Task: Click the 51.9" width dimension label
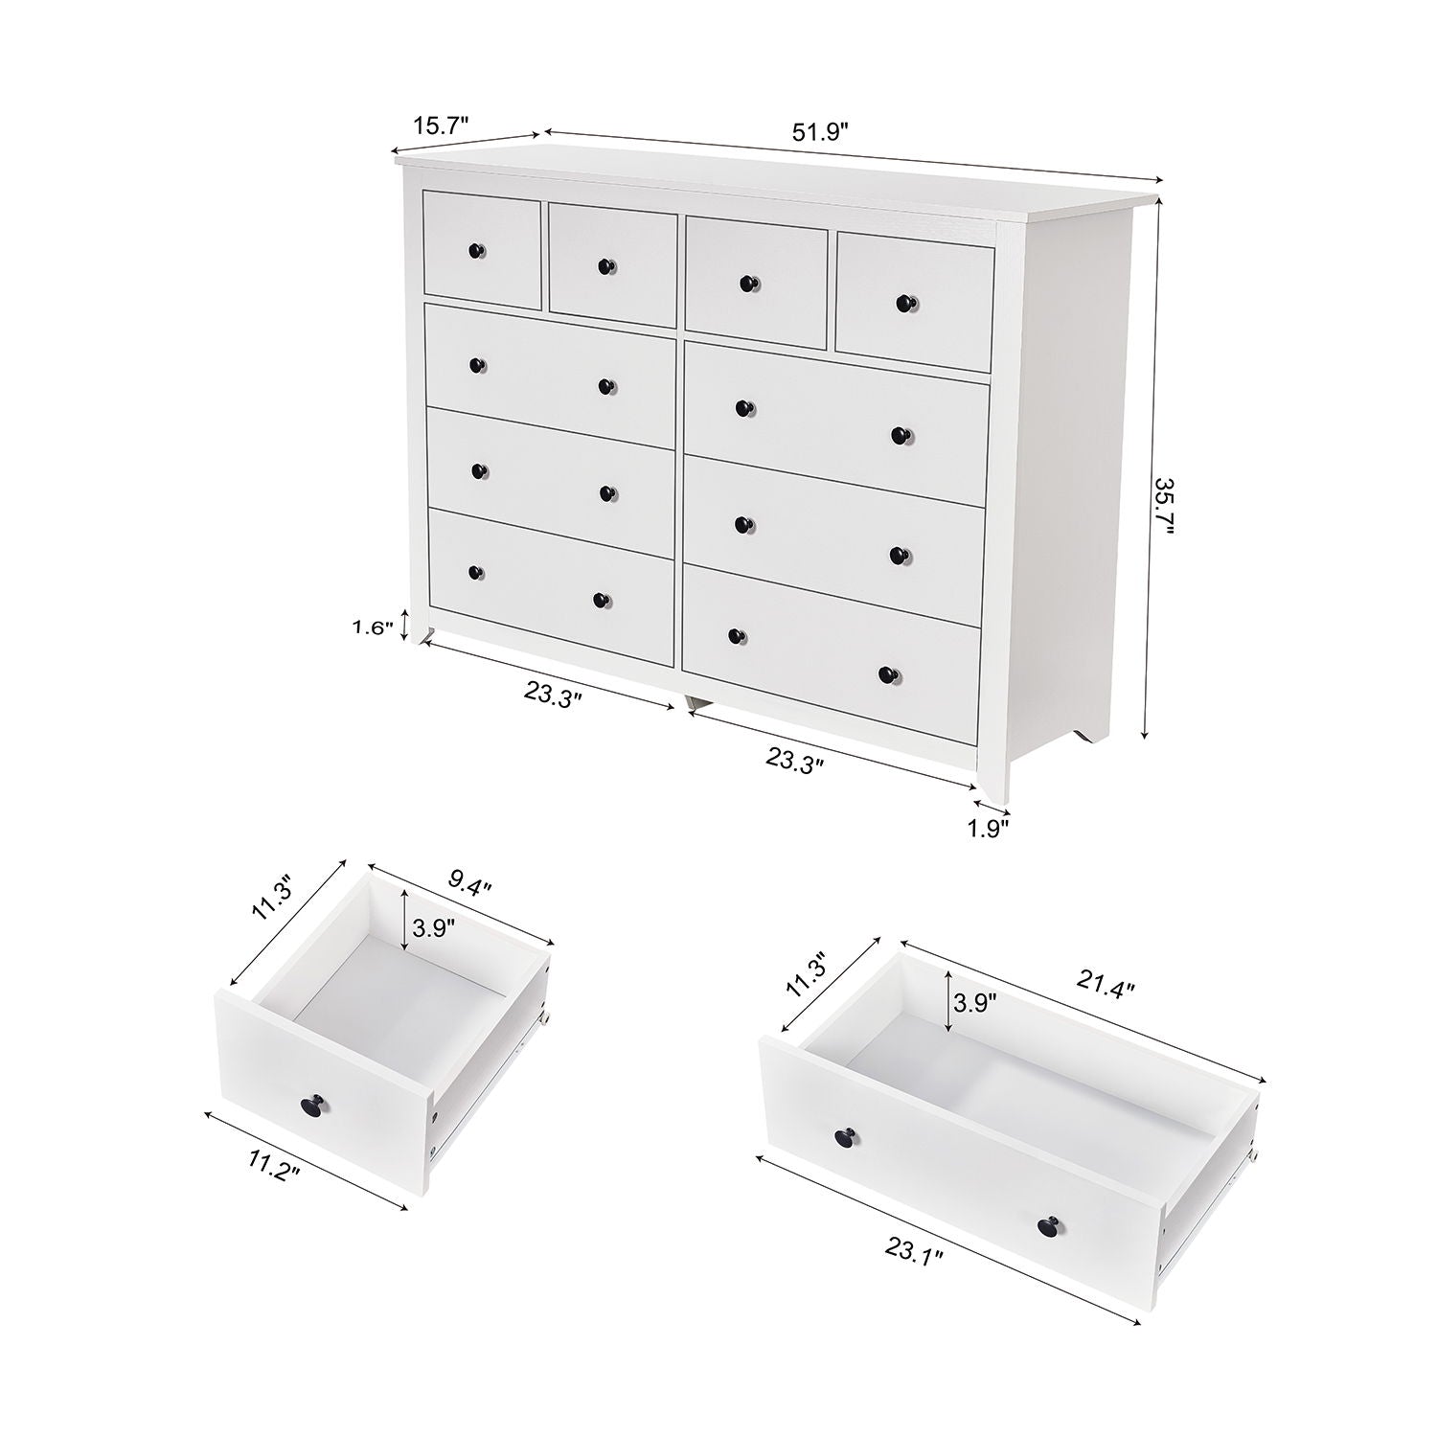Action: pyautogui.click(x=820, y=132)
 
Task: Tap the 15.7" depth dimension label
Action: pyautogui.click(x=441, y=125)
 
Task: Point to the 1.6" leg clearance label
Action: pyautogui.click(x=373, y=628)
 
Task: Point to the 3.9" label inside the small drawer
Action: pyautogui.click(x=434, y=927)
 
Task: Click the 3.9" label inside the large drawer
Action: pyautogui.click(x=974, y=1003)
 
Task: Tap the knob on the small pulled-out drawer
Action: pyautogui.click(x=312, y=1105)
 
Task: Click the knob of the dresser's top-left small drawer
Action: pyautogui.click(x=476, y=251)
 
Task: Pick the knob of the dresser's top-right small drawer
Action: pyautogui.click(x=904, y=304)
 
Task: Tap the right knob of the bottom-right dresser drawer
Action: pyautogui.click(x=886, y=674)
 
